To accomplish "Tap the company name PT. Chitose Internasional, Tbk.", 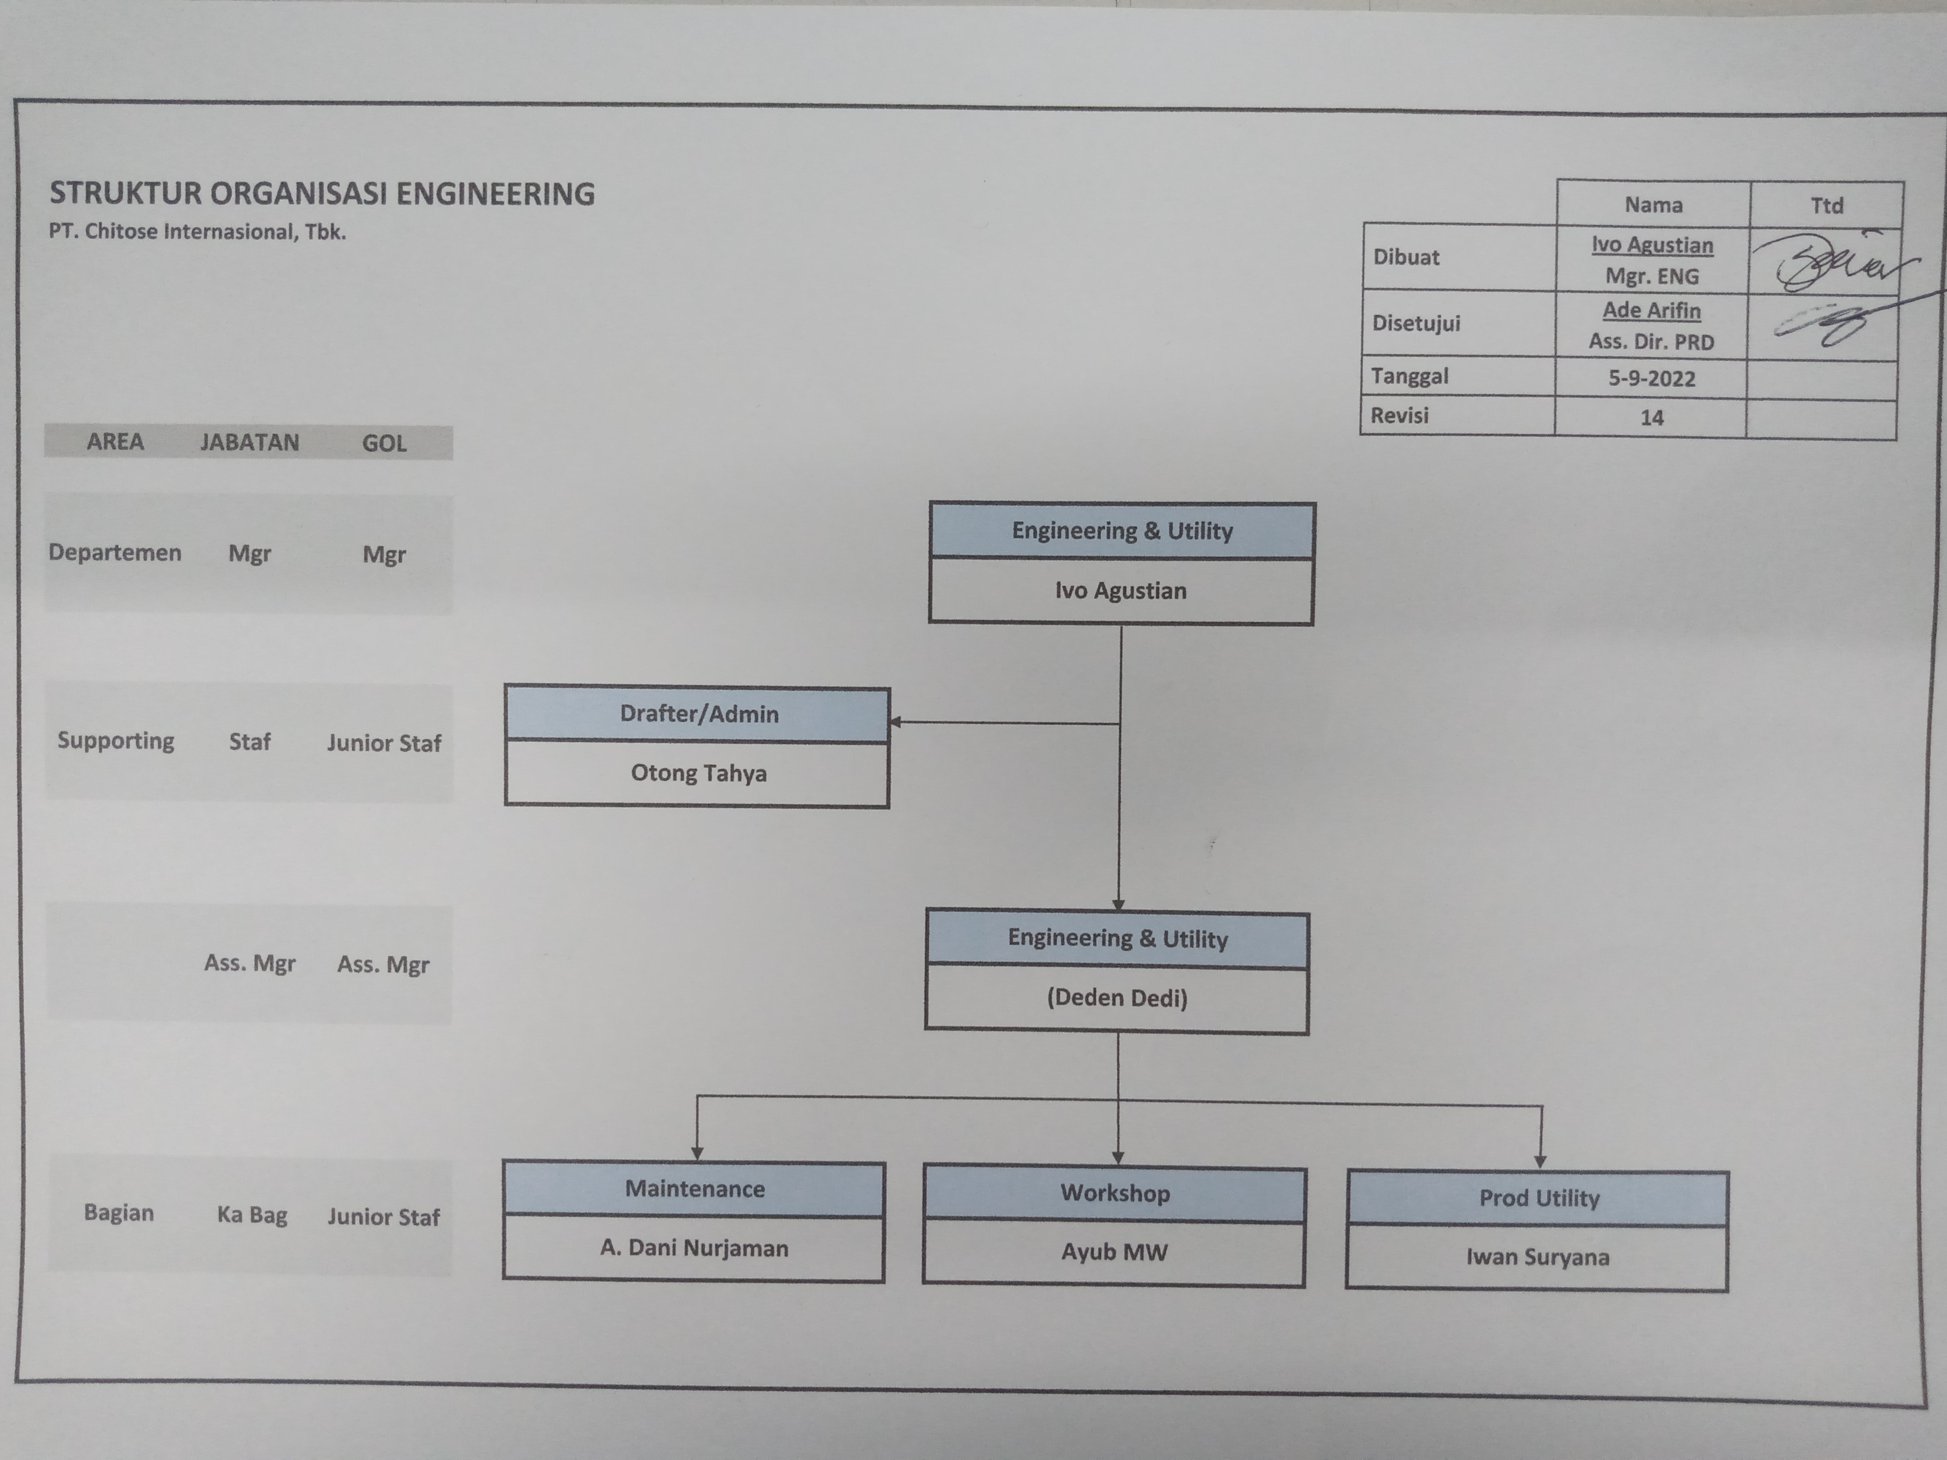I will [197, 232].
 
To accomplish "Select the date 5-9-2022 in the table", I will [1651, 379].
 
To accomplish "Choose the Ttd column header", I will [1826, 205].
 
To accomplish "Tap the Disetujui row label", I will [1415, 323].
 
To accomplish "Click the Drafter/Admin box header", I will [699, 714].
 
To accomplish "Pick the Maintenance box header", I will [695, 1189].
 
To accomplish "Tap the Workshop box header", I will [1115, 1193].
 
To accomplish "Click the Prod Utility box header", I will [1538, 1198].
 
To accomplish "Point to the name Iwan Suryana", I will [1537, 1257].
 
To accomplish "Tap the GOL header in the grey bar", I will [385, 443].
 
